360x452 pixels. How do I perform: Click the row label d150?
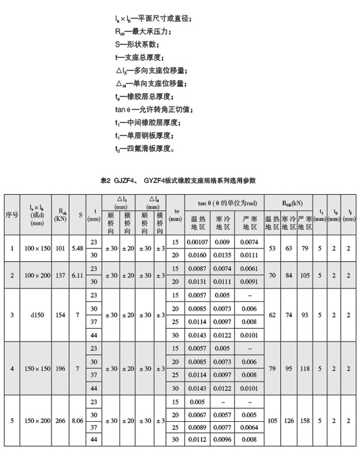37,315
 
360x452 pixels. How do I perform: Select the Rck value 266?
60,421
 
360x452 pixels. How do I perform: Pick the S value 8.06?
78,421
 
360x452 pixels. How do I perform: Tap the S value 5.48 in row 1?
78,249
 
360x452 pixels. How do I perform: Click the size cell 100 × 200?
37,276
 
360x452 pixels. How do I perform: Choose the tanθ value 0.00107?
197,242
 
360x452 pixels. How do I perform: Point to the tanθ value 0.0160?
197,255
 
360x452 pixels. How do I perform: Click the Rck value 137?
60,276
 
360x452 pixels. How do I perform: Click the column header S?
78,215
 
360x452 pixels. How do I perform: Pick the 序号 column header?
12,215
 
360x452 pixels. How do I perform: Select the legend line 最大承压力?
141,31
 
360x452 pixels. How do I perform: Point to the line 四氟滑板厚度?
144,149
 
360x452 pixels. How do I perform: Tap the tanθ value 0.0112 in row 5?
197,440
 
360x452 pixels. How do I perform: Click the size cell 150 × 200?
37,421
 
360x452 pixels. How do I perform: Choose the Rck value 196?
60,368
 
